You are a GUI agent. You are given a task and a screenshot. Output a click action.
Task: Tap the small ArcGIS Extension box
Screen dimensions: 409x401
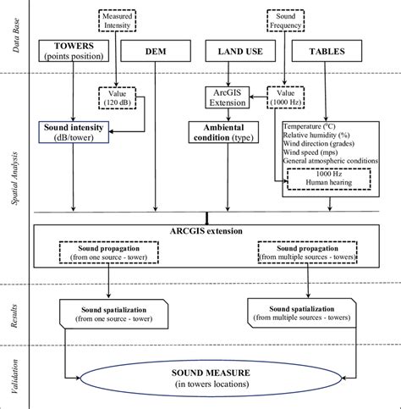[x=227, y=97]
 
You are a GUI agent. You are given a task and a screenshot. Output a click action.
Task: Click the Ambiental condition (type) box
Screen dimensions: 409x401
[x=224, y=133]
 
